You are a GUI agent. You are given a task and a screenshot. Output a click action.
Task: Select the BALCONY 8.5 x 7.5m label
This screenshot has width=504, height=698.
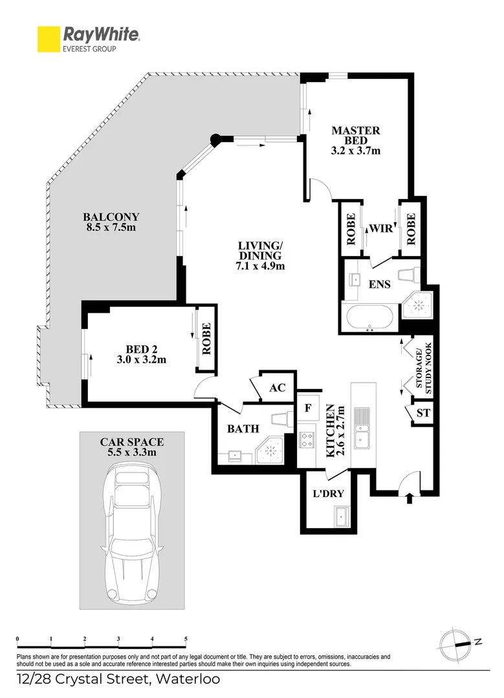(111, 222)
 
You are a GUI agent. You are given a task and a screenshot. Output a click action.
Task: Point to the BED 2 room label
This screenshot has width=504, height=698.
(141, 354)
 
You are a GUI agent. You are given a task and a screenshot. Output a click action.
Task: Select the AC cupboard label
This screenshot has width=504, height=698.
(277, 388)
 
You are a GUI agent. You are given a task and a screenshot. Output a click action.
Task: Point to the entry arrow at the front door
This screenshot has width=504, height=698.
(408, 498)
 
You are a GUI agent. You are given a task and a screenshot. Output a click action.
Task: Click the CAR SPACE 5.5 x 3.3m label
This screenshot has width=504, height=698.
(131, 447)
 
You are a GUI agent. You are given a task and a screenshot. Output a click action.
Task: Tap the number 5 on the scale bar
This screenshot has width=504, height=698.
(186, 639)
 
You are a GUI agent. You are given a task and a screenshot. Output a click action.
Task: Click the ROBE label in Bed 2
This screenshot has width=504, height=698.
(206, 340)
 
